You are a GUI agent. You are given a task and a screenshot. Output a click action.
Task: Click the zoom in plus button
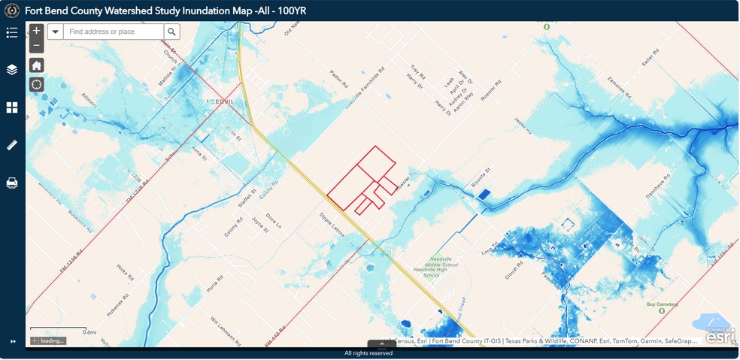pyautogui.click(x=36, y=32)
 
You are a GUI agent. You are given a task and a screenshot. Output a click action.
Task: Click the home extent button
pyautogui.click(x=36, y=65)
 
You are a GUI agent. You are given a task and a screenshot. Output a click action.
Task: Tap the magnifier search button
pyautogui.click(x=172, y=32)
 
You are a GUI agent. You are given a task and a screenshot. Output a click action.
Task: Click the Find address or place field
pyautogui.click(x=113, y=32)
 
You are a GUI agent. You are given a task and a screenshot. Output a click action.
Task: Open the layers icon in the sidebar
pyautogui.click(x=12, y=70)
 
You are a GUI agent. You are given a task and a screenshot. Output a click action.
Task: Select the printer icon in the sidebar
pyautogui.click(x=12, y=183)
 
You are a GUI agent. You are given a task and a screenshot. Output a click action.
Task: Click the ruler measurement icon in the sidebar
pyautogui.click(x=12, y=145)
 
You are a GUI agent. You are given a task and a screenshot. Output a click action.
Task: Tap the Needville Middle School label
pyautogui.click(x=439, y=265)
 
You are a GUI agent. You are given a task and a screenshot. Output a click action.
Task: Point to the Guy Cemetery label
pyautogui.click(x=662, y=304)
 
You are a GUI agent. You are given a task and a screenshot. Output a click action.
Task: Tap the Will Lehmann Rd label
pyautogui.click(x=224, y=328)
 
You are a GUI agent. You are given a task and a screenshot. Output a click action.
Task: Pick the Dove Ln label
pyautogui.click(x=274, y=221)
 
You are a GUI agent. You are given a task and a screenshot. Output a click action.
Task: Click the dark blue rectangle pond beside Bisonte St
pyautogui.click(x=483, y=194)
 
